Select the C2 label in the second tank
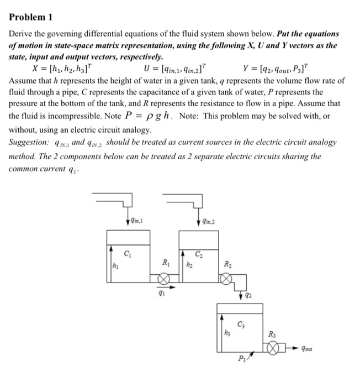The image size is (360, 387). [202, 254]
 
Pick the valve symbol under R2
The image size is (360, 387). [225, 280]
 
